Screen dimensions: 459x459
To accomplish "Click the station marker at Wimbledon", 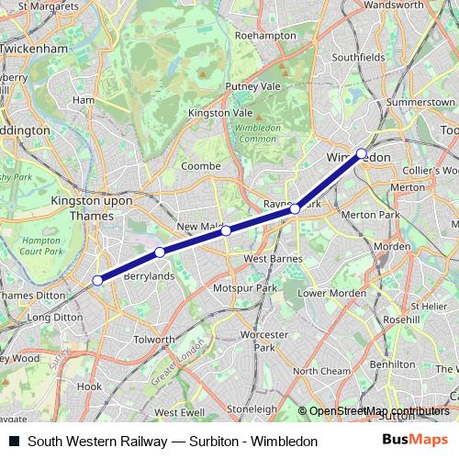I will [x=362, y=153].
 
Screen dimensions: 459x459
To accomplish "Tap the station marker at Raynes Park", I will [x=296, y=210].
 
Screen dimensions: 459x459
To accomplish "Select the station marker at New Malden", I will [x=226, y=230].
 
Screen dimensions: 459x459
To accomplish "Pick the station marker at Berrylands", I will [x=160, y=252].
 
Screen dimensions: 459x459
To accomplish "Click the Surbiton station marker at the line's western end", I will [x=98, y=280].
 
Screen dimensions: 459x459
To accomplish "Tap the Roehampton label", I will [x=262, y=35].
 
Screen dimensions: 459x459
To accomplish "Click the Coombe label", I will [x=201, y=166].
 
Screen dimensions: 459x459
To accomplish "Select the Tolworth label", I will [x=154, y=339].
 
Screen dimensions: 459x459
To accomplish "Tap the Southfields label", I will [x=358, y=56].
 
